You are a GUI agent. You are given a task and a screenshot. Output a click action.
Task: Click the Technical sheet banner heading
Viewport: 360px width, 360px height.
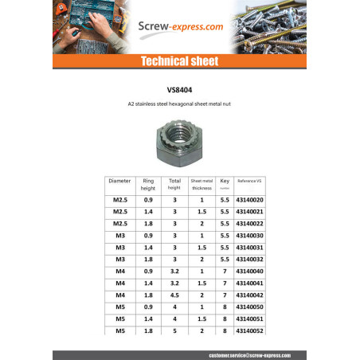(179, 61)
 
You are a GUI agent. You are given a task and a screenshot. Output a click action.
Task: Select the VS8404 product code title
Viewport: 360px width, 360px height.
(179, 90)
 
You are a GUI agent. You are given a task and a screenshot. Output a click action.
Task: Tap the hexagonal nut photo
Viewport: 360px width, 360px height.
(181, 139)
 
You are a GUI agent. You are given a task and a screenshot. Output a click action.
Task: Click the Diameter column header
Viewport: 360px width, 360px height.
(120, 182)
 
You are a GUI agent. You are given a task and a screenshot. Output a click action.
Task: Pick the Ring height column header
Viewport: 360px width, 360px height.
(147, 184)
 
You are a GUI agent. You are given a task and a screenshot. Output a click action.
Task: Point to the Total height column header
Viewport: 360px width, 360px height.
(174, 184)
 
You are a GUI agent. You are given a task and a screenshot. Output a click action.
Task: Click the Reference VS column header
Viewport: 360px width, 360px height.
(250, 182)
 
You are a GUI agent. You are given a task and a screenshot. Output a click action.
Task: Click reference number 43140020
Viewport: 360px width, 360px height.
(250, 199)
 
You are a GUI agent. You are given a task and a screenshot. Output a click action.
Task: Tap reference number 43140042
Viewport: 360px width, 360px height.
(250, 295)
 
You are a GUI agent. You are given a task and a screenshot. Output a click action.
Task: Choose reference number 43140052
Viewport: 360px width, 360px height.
(250, 331)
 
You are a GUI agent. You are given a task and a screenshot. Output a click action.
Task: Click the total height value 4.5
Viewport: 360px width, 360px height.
(174, 295)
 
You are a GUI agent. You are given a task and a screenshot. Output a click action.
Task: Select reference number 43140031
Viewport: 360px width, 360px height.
(250, 247)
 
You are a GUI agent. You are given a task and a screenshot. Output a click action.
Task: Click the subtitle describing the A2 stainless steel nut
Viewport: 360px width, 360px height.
(179, 104)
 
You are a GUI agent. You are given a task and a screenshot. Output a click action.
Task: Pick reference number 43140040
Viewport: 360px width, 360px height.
(250, 271)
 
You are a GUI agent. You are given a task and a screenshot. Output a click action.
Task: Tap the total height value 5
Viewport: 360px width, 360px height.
(174, 331)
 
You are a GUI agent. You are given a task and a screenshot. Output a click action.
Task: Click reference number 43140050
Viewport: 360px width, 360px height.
(250, 307)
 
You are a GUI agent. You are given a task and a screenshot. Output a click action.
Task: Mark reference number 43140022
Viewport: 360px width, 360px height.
(250, 223)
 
